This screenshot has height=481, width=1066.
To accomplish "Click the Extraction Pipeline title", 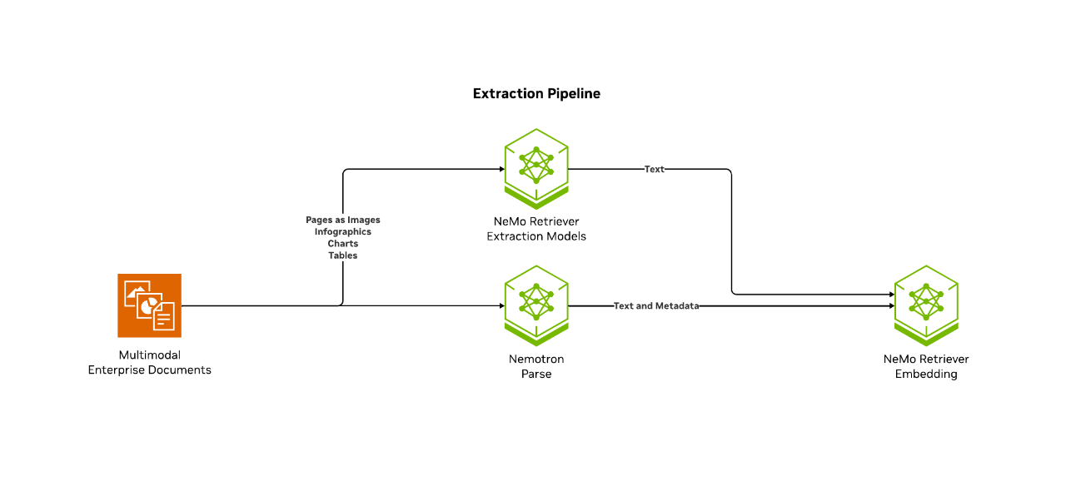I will pyautogui.click(x=536, y=94).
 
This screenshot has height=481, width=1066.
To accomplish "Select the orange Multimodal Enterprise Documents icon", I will pyautogui.click(x=149, y=305).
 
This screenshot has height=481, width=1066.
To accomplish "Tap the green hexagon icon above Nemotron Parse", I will pyautogui.click(x=536, y=305).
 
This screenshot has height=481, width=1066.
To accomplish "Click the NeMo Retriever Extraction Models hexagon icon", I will pyautogui.click(x=536, y=168).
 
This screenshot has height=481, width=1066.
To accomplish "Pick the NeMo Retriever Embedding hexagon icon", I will pyautogui.click(x=925, y=305).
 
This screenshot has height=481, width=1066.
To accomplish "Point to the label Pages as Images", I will pyautogui.click(x=342, y=220).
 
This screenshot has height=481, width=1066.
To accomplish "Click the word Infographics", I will pyautogui.click(x=342, y=231).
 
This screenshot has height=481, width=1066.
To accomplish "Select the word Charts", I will pyautogui.click(x=342, y=244).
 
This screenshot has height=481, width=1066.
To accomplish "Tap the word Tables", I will pyautogui.click(x=342, y=255).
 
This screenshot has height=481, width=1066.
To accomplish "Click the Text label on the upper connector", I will pyautogui.click(x=655, y=169).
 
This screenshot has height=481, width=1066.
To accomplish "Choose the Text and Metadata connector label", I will pyautogui.click(x=655, y=306).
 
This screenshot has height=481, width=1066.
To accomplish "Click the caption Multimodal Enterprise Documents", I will pyautogui.click(x=149, y=363).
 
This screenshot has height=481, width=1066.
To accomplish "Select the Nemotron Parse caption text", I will pyautogui.click(x=536, y=367).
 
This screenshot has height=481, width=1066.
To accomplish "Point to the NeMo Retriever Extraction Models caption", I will pyautogui.click(x=536, y=229).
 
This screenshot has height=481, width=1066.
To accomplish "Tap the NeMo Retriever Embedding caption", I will pyautogui.click(x=925, y=367).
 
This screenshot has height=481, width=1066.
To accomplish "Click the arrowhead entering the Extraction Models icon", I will pyautogui.click(x=500, y=169).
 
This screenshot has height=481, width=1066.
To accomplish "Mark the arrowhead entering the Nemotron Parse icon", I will pyautogui.click(x=500, y=306).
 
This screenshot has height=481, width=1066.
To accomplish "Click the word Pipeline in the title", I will pyautogui.click(x=573, y=94).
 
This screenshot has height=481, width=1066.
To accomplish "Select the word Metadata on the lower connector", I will pyautogui.click(x=677, y=306).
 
